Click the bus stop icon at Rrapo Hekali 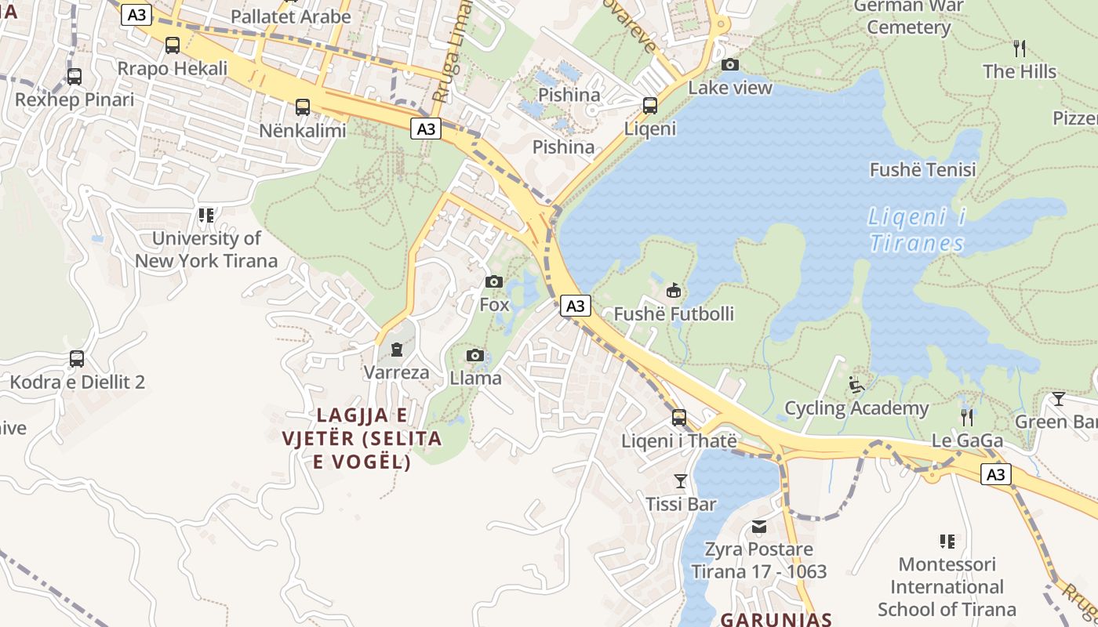(173, 45)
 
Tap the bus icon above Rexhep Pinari (75, 77)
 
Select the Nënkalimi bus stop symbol (303, 107)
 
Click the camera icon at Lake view (730, 64)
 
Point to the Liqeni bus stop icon (649, 105)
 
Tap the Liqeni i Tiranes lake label (917, 230)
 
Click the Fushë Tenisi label (922, 170)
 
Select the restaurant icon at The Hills (1020, 49)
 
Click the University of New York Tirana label (206, 249)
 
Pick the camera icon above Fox (494, 281)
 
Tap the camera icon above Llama (475, 356)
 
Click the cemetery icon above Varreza (397, 349)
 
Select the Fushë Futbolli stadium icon (673, 291)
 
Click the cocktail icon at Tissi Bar (680, 480)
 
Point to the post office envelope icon (758, 526)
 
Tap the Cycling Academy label (856, 408)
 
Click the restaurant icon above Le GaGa (967, 417)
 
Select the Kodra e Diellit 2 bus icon (77, 359)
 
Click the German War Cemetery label (908, 17)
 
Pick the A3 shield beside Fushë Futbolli (576, 306)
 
